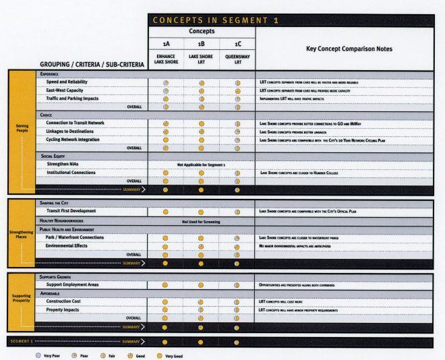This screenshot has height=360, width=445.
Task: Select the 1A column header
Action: pos(165,44)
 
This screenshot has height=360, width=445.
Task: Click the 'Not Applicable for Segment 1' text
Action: pos(202,164)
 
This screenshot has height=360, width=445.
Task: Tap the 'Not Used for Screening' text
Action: pos(202,221)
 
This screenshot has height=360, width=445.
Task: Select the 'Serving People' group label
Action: pos(21,128)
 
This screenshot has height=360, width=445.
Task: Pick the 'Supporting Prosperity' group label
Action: pos(21,297)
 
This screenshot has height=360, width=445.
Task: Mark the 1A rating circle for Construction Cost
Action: pos(165,301)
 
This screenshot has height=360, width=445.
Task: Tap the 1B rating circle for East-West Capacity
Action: pos(201,90)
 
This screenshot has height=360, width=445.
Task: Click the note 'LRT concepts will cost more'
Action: pos(287,301)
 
